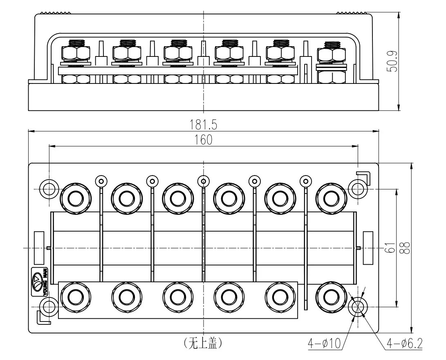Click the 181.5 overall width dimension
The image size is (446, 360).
click(203, 124)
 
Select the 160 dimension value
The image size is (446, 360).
click(203, 139)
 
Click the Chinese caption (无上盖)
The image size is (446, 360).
click(203, 343)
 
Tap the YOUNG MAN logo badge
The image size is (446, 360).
click(40, 281)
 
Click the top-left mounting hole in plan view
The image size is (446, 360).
click(49, 189)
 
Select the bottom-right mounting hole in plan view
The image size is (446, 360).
click(358, 306)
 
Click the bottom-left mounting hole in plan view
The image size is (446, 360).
click(49, 306)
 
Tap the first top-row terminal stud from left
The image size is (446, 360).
click(76, 198)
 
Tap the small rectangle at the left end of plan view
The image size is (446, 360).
click(39, 248)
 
